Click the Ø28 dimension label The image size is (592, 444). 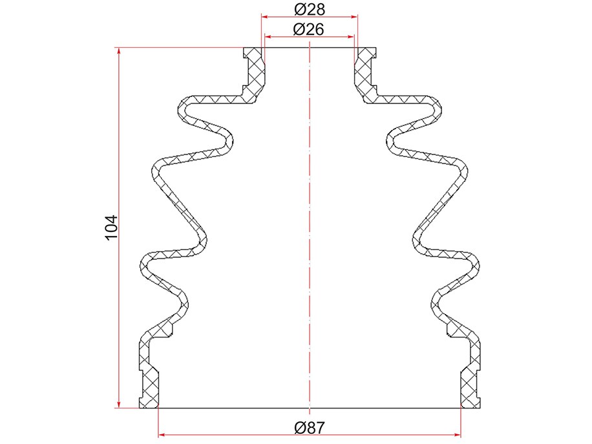click(x=309, y=9)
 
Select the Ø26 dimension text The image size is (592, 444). click(x=308, y=29)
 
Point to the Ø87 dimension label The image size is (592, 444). click(x=309, y=428)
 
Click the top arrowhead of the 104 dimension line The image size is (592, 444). click(x=119, y=52)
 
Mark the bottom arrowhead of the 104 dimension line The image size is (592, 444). click(x=119, y=404)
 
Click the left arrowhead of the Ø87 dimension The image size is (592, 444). click(x=162, y=435)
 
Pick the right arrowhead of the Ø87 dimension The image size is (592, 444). click(x=457, y=435)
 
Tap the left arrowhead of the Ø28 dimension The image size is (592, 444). click(x=266, y=17)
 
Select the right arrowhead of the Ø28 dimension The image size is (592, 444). click(x=354, y=17)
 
